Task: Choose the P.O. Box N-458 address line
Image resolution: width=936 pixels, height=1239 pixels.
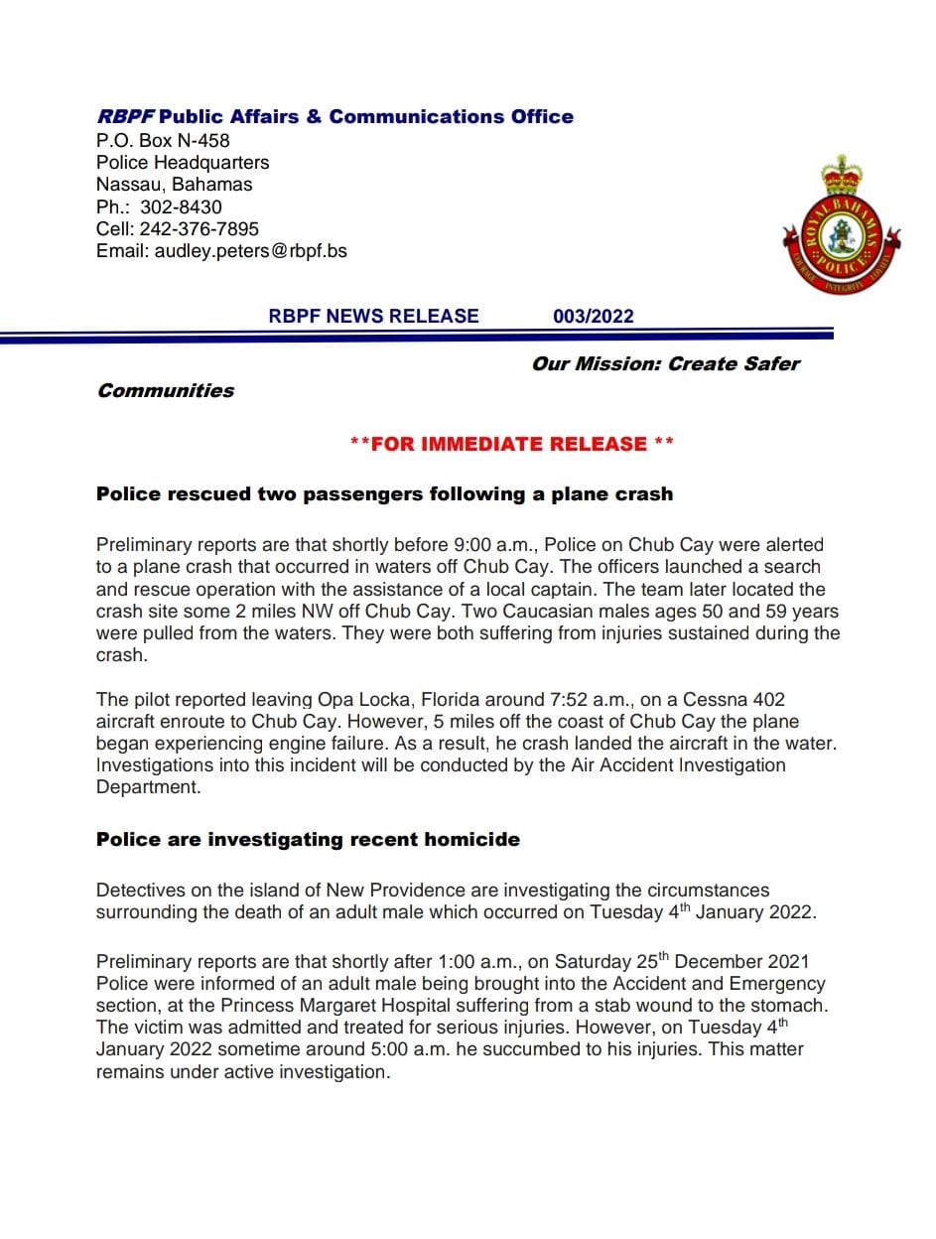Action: (x=163, y=140)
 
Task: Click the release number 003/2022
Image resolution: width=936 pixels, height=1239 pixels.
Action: (x=593, y=317)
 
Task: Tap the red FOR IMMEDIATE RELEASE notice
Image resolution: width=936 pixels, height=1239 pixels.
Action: (x=512, y=444)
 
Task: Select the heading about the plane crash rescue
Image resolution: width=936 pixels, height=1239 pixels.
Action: (x=384, y=493)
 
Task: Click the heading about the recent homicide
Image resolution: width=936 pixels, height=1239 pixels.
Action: (x=308, y=839)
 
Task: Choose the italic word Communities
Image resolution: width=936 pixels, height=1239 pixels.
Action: (x=166, y=390)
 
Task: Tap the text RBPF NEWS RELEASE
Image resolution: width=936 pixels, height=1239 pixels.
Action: (x=373, y=317)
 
